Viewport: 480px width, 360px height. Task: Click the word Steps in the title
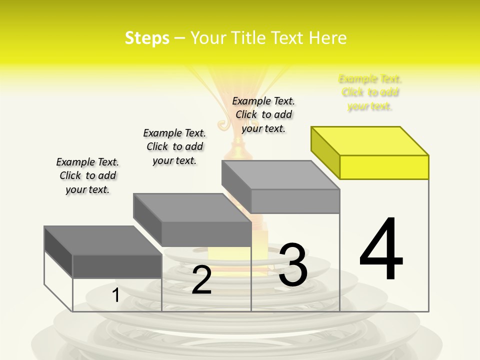[x=147, y=38]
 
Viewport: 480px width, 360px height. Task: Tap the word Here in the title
[x=328, y=38]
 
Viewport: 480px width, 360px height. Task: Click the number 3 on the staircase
[x=293, y=264]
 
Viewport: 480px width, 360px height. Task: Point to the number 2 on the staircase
[x=201, y=280]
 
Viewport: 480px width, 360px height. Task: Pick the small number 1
[x=116, y=295]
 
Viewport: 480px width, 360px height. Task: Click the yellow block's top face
[x=370, y=141]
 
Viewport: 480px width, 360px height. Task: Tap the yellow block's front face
[x=384, y=167]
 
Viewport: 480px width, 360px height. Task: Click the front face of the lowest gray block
[x=117, y=266]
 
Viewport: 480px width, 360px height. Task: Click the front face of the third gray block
[x=295, y=201]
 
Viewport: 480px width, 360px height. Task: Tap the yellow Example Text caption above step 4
[x=370, y=92]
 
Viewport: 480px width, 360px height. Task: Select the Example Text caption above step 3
[x=263, y=114]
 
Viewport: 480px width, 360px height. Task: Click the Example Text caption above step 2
[x=174, y=146]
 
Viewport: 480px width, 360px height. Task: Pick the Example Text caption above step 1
[x=87, y=175]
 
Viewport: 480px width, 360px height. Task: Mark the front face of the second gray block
[x=206, y=234]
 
